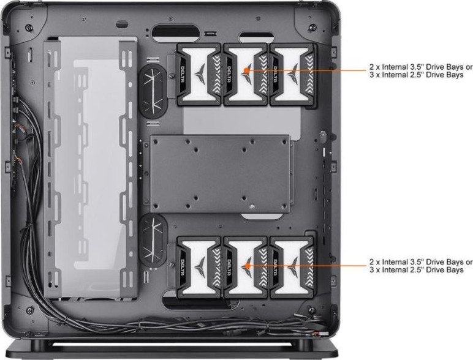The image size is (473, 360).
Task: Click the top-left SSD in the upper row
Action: (199, 74)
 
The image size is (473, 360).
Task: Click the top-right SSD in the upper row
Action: (293, 74)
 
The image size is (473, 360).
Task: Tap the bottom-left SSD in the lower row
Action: (199, 268)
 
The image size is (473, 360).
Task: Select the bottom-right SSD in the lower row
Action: (293, 268)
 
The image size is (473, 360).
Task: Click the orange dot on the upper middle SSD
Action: (246, 70)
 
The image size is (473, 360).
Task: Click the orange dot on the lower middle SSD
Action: (246, 266)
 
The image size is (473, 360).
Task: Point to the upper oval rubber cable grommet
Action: (153, 91)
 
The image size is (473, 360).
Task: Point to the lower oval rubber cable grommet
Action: (153, 240)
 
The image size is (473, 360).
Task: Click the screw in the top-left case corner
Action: (29, 28)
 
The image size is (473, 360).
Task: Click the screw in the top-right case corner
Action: (312, 27)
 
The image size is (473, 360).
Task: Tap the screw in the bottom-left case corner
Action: (30, 310)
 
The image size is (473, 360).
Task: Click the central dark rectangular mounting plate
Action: (220, 174)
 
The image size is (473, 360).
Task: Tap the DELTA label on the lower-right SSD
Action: (275, 268)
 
